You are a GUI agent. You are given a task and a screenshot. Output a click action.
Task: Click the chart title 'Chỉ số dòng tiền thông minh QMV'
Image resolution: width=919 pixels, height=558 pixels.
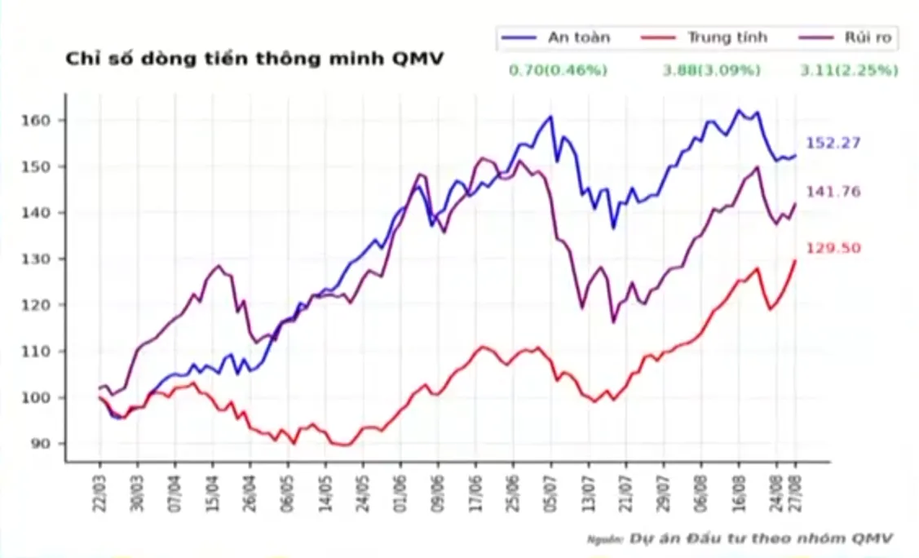click(254, 59)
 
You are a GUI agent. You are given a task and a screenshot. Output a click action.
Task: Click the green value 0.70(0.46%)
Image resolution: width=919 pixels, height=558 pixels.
click(558, 71)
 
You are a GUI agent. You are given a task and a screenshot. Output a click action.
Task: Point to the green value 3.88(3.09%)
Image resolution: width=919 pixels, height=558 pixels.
click(711, 71)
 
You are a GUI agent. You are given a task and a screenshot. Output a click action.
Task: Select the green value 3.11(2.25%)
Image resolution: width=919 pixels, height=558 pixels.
click(849, 71)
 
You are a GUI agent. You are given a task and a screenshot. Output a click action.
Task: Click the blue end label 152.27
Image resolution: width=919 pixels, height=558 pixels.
click(833, 144)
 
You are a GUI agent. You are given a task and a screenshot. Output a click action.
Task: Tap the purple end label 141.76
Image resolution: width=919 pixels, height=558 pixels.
click(833, 192)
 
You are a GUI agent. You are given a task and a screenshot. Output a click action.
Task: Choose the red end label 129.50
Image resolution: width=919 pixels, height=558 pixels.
click(833, 249)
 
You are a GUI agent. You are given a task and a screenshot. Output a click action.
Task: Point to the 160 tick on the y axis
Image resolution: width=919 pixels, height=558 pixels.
click(42, 121)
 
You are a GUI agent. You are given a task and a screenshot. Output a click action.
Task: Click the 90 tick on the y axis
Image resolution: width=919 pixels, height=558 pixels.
click(45, 444)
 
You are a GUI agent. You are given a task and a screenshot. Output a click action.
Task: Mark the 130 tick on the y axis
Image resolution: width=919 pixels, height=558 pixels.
click(42, 259)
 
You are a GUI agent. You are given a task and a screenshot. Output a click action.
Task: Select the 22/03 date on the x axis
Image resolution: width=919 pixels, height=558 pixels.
click(100, 492)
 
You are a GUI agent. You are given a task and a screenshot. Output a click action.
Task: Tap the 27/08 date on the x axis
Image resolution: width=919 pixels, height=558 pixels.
click(797, 492)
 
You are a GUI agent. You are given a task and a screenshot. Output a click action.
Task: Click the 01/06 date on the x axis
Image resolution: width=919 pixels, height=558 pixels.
click(401, 492)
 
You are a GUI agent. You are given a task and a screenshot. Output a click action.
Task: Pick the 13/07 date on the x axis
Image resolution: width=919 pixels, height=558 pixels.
click(588, 492)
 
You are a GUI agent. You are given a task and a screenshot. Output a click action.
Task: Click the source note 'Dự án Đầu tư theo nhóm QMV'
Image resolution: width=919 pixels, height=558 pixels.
click(760, 538)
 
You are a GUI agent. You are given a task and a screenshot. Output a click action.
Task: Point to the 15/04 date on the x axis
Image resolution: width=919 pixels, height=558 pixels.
click(214, 492)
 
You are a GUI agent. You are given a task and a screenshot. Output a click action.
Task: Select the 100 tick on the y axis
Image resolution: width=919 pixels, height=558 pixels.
click(42, 398)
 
